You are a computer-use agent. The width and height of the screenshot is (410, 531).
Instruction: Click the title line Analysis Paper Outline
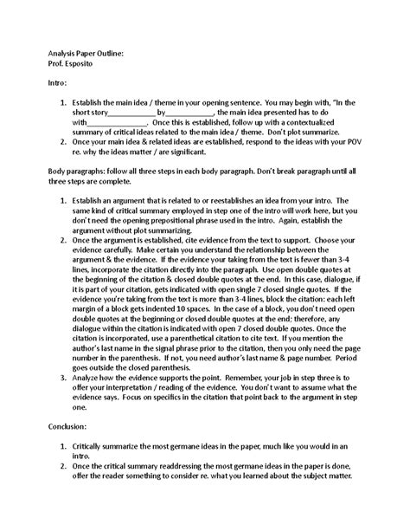86,53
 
